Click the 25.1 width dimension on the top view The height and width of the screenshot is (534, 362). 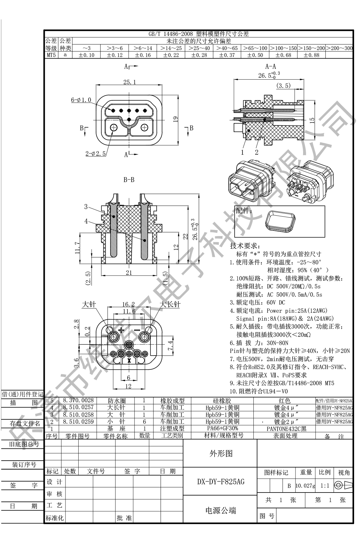[x=129, y=82]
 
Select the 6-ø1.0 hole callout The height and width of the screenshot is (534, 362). [x=81, y=100]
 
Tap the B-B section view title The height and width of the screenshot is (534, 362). [x=129, y=180]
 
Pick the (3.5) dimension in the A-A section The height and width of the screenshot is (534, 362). [x=283, y=86]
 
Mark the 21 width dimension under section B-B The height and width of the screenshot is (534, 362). [x=129, y=272]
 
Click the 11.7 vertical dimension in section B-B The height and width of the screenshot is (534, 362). [x=77, y=248]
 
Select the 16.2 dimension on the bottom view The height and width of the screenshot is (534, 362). [x=128, y=305]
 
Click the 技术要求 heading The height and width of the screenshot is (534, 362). [x=245, y=246]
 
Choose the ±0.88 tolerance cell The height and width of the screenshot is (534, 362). [x=311, y=55]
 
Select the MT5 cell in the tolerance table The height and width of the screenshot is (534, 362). [x=51, y=55]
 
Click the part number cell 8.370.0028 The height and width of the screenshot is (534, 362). [x=78, y=400]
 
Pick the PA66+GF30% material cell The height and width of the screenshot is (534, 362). [x=221, y=428]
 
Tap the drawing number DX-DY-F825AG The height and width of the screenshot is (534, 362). [x=221, y=482]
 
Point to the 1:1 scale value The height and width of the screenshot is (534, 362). [x=324, y=485]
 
